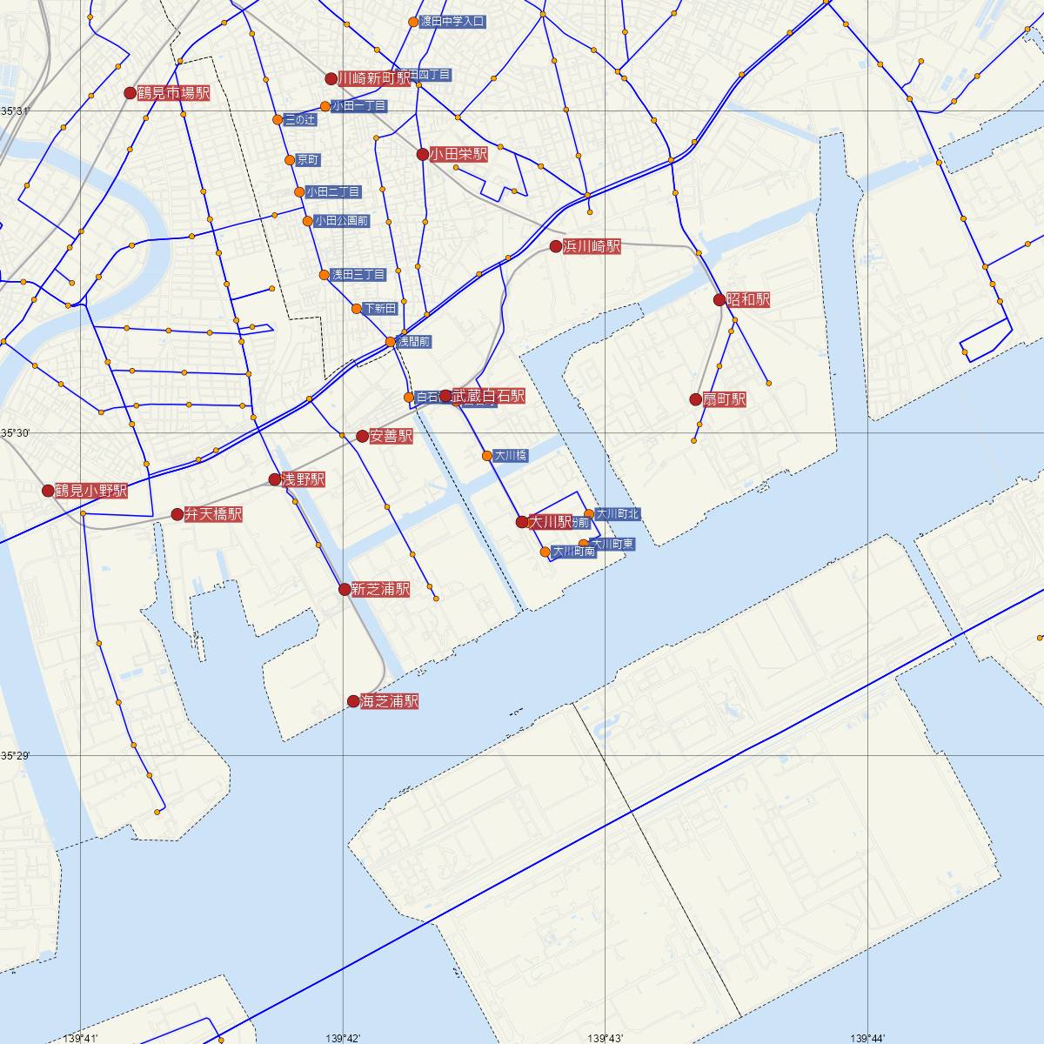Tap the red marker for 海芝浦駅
[353, 701]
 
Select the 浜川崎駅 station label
[592, 247]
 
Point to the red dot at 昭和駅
[719, 300]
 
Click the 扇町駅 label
[726, 400]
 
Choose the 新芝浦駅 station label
[380, 590]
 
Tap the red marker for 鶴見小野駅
[48, 491]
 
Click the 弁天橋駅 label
[213, 515]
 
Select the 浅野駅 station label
[303, 479]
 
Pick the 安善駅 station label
[391, 437]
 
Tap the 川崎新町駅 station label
[374, 78]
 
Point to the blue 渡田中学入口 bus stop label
[452, 22]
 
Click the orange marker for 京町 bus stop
[290, 160]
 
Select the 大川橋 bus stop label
[510, 456]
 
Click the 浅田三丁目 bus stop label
[358, 275]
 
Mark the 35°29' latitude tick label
[15, 755]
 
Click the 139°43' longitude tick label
[606, 1038]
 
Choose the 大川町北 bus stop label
[618, 514]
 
